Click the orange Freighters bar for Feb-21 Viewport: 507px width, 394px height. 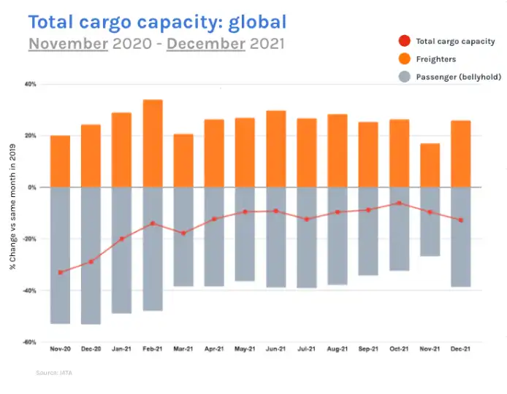coord(153,143)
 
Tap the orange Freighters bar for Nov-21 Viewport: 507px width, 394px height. coord(430,165)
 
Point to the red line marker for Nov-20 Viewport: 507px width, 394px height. coord(61,272)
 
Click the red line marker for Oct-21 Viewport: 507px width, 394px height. coord(399,203)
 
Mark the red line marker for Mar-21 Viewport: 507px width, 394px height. coord(183,233)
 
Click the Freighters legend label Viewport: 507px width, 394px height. coord(436,58)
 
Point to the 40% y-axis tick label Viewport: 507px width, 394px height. coord(31,85)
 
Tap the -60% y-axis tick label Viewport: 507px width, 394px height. coord(30,341)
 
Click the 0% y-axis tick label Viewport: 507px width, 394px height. coord(32,188)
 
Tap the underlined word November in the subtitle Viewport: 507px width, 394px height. coord(68,44)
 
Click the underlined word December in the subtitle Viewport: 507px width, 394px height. coord(206,44)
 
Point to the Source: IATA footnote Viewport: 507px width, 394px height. coord(54,373)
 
